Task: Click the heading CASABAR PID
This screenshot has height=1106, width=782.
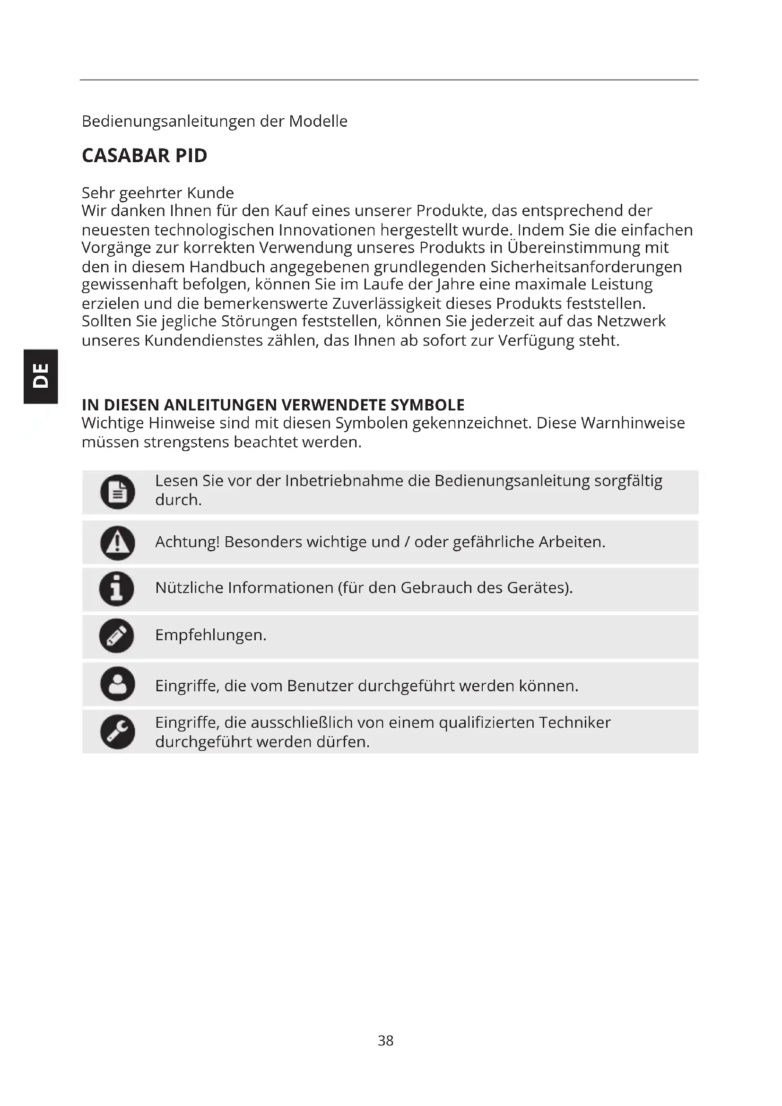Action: [x=145, y=156]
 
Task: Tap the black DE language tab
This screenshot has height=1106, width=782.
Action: [x=41, y=376]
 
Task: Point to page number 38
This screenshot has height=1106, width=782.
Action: [x=386, y=1040]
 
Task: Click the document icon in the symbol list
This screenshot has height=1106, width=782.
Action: [x=118, y=492]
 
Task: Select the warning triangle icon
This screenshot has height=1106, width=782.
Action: [x=118, y=543]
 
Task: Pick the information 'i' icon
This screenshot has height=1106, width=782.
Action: [x=116, y=589]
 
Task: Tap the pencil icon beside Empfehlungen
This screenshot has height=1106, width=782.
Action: [x=116, y=636]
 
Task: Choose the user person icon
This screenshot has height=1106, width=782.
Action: [x=118, y=684]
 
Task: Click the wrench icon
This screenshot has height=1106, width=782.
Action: [x=118, y=732]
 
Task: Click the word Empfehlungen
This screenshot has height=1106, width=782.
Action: [x=210, y=636]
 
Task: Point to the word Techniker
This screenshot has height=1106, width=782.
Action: [x=574, y=723]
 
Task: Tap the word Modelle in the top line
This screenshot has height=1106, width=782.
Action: [x=318, y=122]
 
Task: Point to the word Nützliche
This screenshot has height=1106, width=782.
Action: [x=189, y=588]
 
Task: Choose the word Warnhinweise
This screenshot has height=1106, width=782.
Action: [x=633, y=423]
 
